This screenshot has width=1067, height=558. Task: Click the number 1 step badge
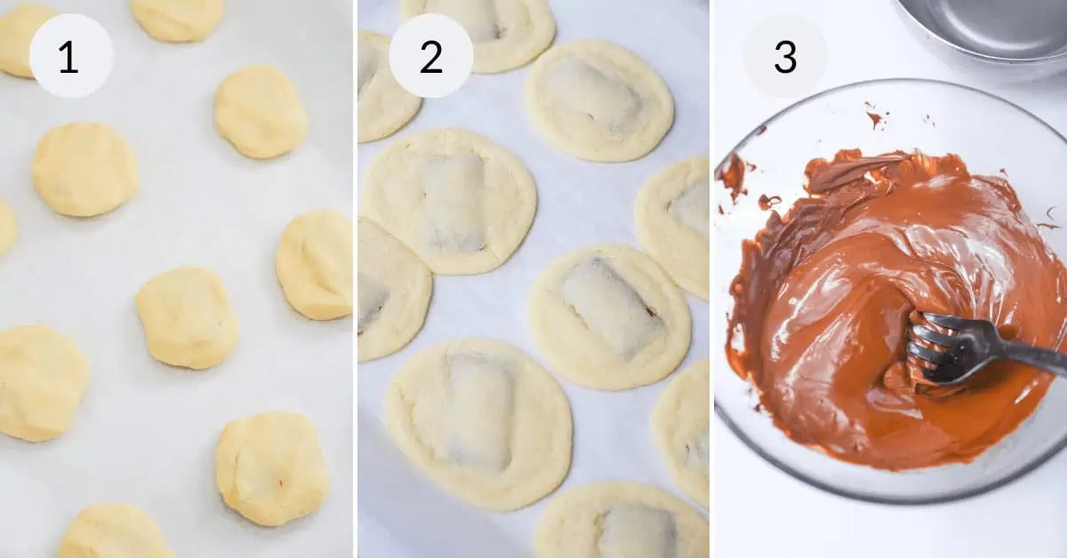coord(71,56)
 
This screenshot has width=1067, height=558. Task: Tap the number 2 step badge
coord(430,56)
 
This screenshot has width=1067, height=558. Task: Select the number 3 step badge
coord(784,56)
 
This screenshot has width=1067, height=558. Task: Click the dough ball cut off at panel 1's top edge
coord(178,18)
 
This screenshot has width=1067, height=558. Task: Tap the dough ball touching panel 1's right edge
coord(316,265)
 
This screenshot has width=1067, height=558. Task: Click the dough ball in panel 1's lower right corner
coord(272,468)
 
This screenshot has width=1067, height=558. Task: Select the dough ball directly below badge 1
coord(85,169)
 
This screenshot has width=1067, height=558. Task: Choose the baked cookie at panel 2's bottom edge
coord(622,524)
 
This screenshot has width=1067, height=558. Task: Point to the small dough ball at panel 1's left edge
coord(5,227)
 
